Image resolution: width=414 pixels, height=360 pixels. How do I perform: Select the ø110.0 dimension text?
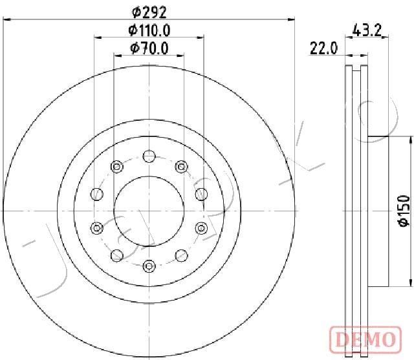149,30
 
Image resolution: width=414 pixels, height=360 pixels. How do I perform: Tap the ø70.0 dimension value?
149,47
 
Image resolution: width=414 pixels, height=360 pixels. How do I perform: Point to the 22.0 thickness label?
324,48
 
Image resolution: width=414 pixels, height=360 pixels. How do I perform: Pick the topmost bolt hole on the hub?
149,156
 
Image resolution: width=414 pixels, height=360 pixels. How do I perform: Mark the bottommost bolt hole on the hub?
149,264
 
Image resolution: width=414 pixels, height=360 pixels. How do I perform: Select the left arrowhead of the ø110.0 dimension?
97,38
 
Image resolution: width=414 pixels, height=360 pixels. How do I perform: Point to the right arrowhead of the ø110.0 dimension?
202,38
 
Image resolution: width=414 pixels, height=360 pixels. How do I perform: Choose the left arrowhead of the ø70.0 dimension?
117,56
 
